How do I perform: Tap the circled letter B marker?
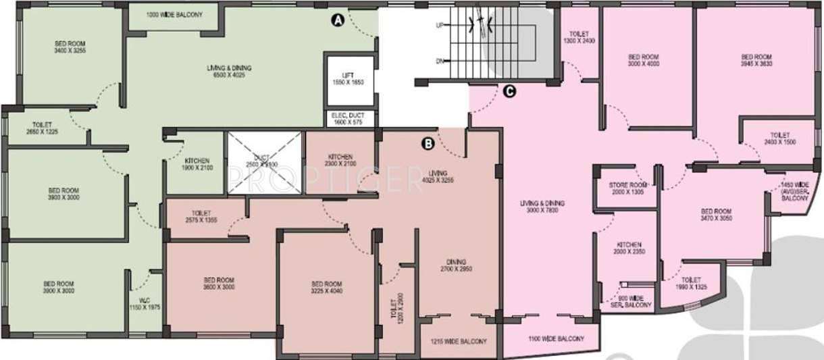pyautogui.click(x=427, y=143)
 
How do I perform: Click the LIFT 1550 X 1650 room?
pyautogui.click(x=348, y=78)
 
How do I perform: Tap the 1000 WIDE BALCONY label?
pyautogui.click(x=174, y=14)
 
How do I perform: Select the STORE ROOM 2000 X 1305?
pyautogui.click(x=627, y=188)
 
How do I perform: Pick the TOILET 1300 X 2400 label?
pyautogui.click(x=579, y=37)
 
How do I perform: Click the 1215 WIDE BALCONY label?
pyautogui.click(x=459, y=342)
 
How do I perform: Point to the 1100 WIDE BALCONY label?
pyautogui.click(x=556, y=338)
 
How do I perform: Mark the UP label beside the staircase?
pyautogui.click(x=439, y=25)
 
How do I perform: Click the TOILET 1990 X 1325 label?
pyautogui.click(x=691, y=283)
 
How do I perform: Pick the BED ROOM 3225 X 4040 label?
pyautogui.click(x=327, y=288)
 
